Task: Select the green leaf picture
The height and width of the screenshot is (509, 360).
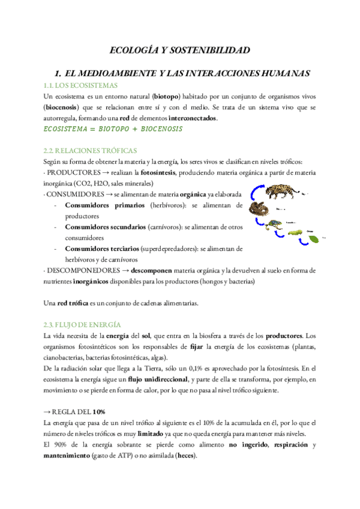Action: pyautogui.click(x=314, y=238)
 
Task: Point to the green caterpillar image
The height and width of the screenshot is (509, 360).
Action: pyautogui.click(x=295, y=232)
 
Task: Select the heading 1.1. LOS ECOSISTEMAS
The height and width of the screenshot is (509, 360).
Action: pyautogui.click(x=80, y=86)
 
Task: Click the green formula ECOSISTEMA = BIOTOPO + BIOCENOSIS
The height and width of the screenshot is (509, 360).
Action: pyautogui.click(x=113, y=129)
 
